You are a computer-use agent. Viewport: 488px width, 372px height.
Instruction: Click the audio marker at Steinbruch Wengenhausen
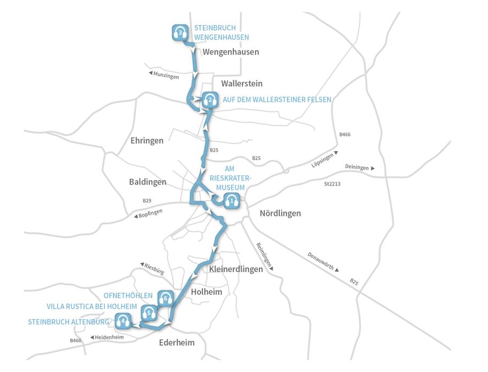click(181, 33)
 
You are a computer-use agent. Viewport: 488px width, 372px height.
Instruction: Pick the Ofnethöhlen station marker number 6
click(165, 298)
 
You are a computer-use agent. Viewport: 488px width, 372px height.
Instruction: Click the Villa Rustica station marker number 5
click(149, 312)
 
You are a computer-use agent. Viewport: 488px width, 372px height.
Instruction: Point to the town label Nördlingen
click(280, 213)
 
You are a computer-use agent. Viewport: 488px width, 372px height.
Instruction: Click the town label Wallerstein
click(241, 83)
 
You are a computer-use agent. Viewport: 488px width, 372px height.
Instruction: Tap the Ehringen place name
click(147, 140)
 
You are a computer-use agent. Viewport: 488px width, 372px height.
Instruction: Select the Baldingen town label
click(147, 182)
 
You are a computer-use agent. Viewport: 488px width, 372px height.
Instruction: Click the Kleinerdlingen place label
click(235, 269)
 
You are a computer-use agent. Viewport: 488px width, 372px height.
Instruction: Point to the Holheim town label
click(206, 292)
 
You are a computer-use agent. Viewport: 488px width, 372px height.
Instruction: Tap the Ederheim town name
click(177, 343)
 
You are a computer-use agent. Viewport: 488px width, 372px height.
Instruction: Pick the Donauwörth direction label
click(323, 263)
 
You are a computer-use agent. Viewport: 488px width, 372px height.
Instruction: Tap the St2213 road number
click(332, 184)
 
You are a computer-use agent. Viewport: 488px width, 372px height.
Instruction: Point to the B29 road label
click(147, 201)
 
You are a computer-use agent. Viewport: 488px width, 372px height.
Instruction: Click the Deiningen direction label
click(357, 168)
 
